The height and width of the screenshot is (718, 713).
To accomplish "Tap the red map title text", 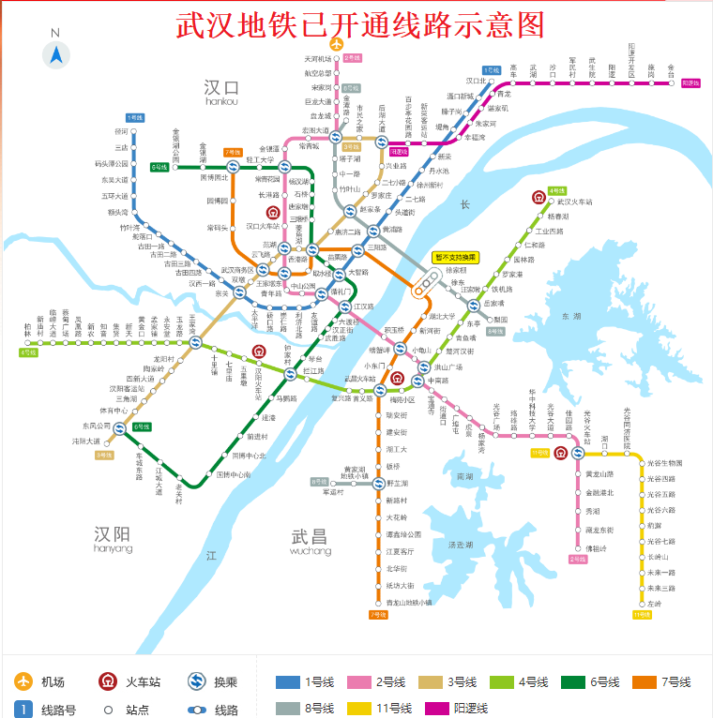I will click(x=360, y=24).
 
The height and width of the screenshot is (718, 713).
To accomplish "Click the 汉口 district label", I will click(x=221, y=88).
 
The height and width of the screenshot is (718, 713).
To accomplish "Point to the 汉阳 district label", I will click(x=113, y=534).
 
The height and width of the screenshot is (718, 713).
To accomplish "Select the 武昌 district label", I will click(x=310, y=536).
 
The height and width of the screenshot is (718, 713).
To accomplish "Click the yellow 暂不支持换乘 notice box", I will click(x=456, y=257).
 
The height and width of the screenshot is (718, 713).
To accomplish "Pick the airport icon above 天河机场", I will click(x=337, y=43).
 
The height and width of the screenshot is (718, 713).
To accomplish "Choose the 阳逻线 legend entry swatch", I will click(x=438, y=709).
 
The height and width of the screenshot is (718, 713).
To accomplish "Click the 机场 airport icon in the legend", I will click(x=23, y=681).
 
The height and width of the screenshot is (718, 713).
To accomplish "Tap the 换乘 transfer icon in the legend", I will click(x=198, y=681).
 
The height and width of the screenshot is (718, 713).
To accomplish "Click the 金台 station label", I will click(x=671, y=69).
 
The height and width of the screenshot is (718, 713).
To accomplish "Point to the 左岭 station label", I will click(x=654, y=604).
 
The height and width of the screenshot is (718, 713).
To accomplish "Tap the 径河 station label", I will click(x=121, y=131).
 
